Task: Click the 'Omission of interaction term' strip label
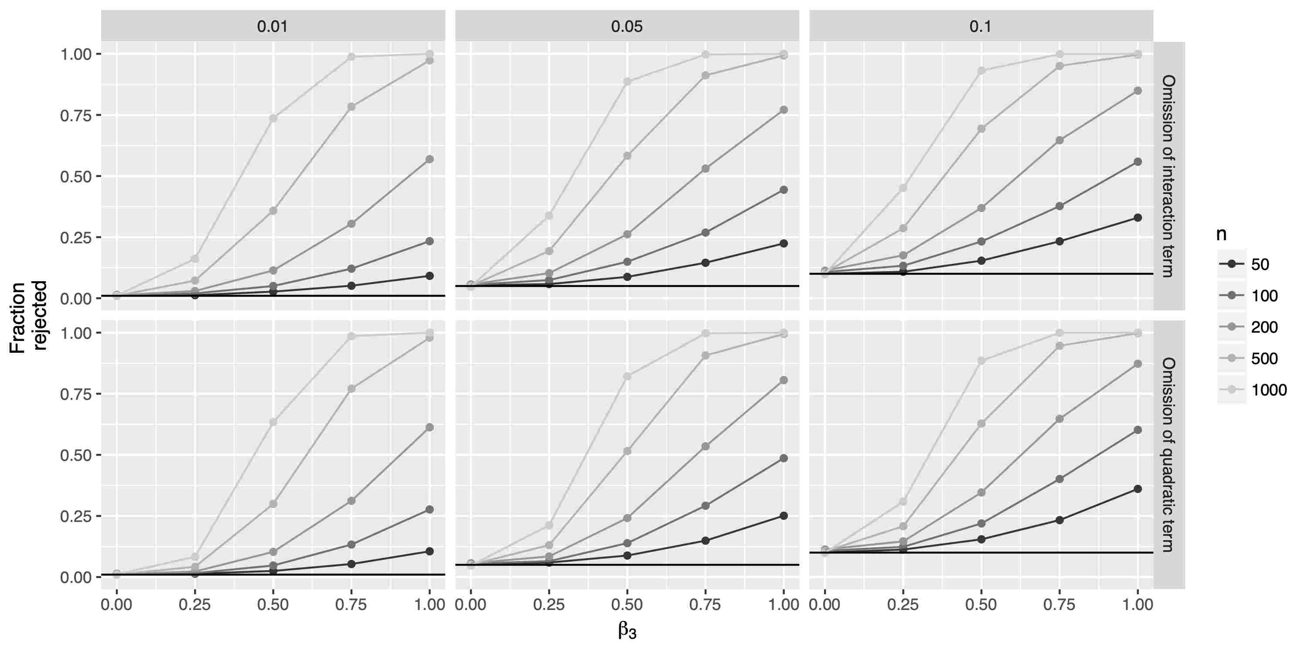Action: point(1168,176)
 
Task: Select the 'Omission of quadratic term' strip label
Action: point(1168,454)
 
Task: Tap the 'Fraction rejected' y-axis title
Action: point(28,316)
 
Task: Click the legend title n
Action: point(1222,234)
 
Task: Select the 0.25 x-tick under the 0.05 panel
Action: point(549,605)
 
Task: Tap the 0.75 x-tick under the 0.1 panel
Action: point(1059,605)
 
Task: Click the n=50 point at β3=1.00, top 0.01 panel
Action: point(429,276)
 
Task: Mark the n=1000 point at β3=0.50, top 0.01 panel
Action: point(273,118)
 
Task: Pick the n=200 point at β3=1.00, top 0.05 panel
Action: point(783,110)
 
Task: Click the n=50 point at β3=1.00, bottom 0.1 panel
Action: point(1138,489)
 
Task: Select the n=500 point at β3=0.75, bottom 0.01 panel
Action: point(351,388)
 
